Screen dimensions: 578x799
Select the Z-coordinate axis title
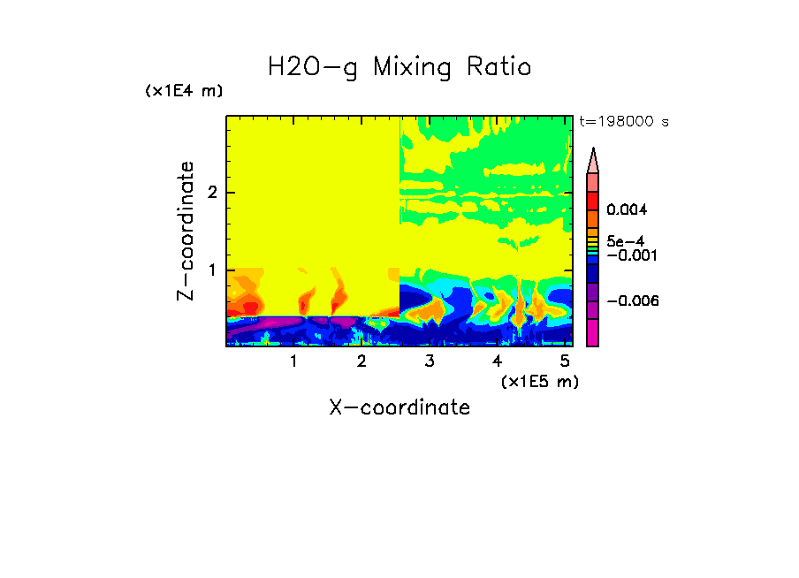pos(186,231)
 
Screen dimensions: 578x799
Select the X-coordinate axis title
pos(399,407)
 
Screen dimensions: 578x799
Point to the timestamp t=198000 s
pos(623,122)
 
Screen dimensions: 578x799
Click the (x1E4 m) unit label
pos(185,91)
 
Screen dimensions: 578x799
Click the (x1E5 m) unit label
pos(539,381)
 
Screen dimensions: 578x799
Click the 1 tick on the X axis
pos(293,361)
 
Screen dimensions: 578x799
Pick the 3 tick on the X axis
pos(430,361)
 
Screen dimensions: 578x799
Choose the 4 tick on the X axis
pos(497,361)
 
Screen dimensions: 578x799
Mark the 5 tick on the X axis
pos(565,361)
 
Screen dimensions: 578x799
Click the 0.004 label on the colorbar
pos(628,210)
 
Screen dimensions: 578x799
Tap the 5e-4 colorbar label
pos(626,241)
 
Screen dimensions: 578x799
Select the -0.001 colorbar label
pos(628,255)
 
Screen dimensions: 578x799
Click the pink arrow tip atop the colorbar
pos(592,161)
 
